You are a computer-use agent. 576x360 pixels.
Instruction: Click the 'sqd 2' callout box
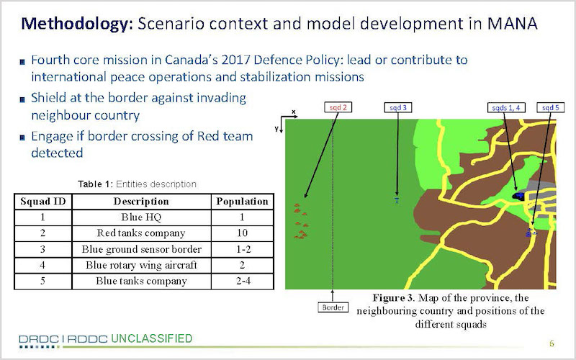click(338, 107)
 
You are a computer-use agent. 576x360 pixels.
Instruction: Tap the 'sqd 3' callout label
click(398, 107)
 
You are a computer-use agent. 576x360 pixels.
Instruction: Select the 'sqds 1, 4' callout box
click(506, 107)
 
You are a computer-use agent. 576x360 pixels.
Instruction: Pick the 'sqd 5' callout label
click(550, 107)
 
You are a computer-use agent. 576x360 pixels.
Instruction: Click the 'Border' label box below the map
click(333, 307)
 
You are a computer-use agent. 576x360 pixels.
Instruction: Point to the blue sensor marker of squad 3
click(397, 200)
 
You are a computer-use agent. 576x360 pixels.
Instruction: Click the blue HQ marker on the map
click(518, 196)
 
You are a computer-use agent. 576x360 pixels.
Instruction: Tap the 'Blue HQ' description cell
click(141, 217)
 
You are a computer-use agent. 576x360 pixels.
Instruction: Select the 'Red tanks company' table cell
click(141, 233)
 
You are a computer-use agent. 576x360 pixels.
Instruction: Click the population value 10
click(242, 233)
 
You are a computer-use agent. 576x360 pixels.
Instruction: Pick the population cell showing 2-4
click(242, 281)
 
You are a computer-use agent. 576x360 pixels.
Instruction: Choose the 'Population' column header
click(242, 202)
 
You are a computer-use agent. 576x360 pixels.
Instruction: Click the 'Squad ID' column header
click(43, 202)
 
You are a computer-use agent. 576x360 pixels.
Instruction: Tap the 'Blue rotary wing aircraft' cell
click(141, 265)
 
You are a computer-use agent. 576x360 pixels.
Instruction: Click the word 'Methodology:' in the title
click(76, 24)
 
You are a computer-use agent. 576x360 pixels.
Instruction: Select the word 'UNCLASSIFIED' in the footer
click(151, 338)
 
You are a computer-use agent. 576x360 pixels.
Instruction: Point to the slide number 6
click(552, 343)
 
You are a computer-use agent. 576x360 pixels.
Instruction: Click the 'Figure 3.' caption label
click(393, 297)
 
